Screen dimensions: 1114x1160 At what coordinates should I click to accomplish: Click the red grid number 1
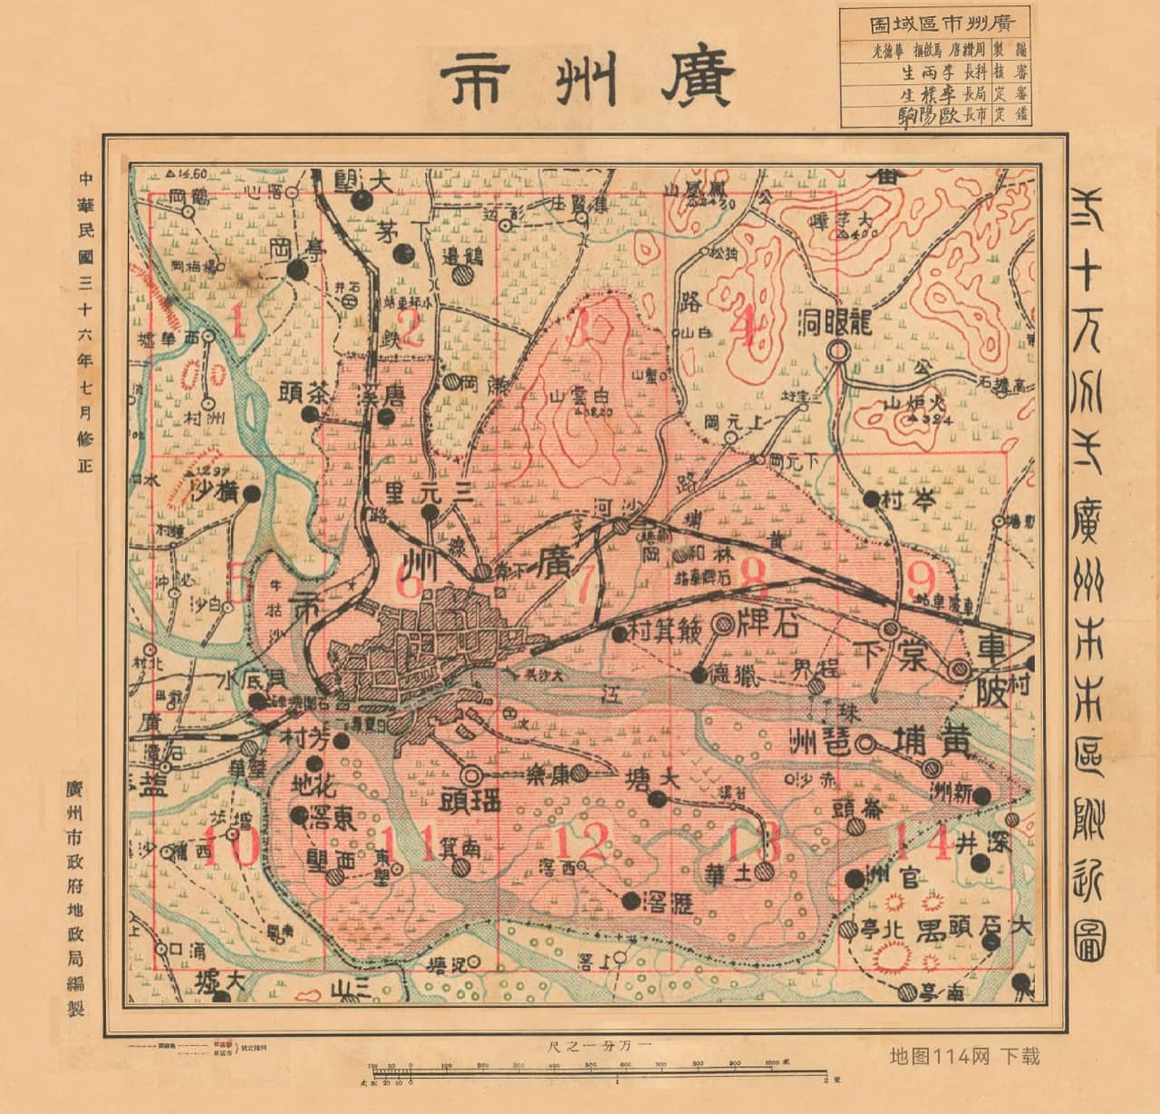point(237,322)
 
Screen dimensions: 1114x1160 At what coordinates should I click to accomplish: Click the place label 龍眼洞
point(835,322)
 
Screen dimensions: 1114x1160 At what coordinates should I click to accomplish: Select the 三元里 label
point(430,493)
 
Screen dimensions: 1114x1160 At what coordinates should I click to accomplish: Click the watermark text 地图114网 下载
point(965,1055)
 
